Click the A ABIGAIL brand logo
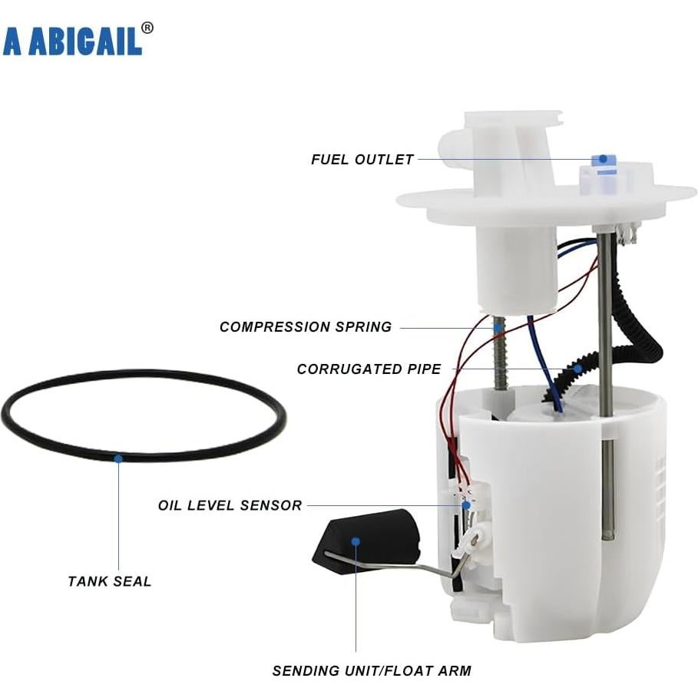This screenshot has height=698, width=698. [72, 41]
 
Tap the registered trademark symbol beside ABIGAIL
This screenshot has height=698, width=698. [147, 28]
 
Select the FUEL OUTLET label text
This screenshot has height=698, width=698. [362, 160]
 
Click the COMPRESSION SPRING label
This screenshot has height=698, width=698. [306, 327]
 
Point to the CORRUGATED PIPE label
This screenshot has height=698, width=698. [369, 369]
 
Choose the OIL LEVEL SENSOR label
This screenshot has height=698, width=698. [230, 505]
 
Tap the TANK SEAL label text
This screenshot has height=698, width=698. [110, 581]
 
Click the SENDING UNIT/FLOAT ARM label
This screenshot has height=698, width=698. [372, 670]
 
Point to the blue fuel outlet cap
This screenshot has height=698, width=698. [604, 160]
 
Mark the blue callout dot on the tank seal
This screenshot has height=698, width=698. [118, 458]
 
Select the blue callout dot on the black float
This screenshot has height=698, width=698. [356, 541]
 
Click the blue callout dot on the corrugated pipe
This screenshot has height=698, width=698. [577, 369]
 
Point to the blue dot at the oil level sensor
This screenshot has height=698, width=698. [465, 505]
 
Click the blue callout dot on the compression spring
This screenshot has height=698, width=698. [498, 327]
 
